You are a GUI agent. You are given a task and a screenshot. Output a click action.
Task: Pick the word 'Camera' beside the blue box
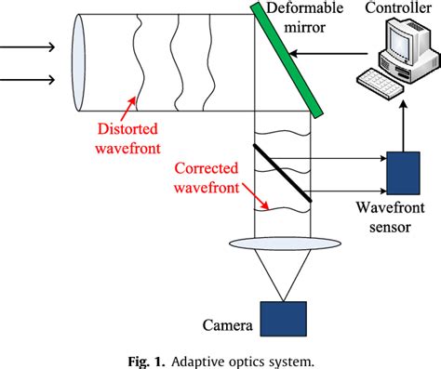(228, 326)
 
